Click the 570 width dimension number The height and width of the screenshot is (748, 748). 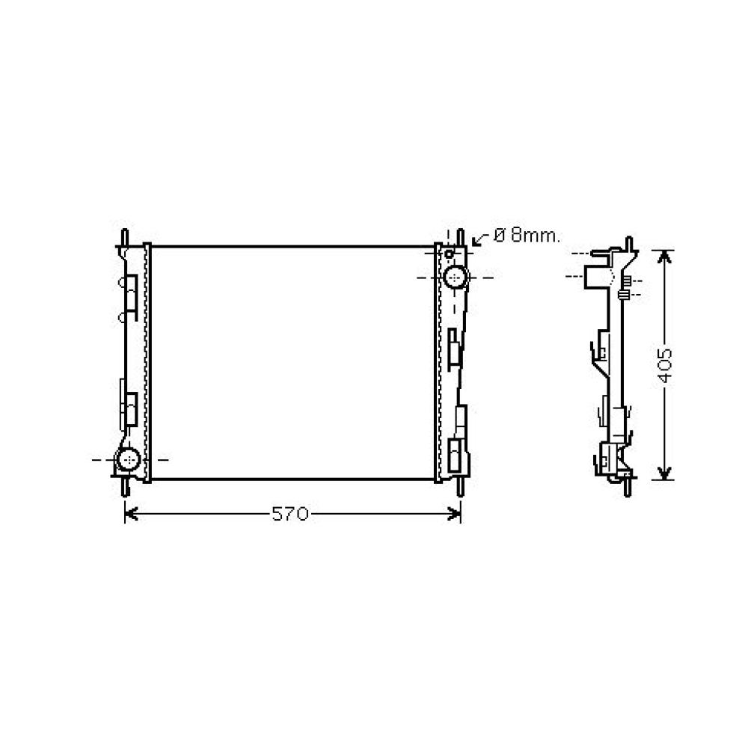pyautogui.click(x=289, y=514)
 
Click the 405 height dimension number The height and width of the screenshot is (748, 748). pyautogui.click(x=666, y=364)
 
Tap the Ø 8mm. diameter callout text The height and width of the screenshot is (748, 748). pyautogui.click(x=526, y=236)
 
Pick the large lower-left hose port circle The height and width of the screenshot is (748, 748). pyautogui.click(x=129, y=459)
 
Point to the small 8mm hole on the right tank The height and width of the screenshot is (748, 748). pyautogui.click(x=449, y=254)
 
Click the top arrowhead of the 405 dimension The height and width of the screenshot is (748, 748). pyautogui.click(x=664, y=255)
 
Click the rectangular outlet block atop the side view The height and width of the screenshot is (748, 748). pyautogui.click(x=595, y=278)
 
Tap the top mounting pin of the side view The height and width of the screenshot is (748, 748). pyautogui.click(x=629, y=245)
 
